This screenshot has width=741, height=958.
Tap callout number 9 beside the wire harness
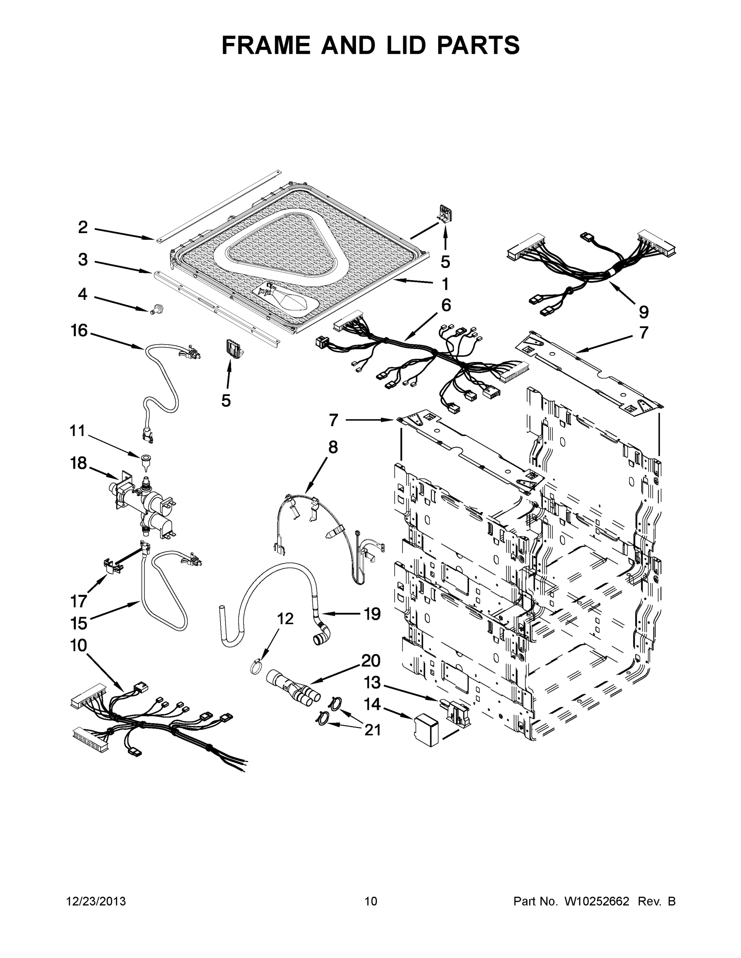pyautogui.click(x=643, y=312)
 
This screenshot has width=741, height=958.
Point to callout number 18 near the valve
pyautogui.click(x=79, y=463)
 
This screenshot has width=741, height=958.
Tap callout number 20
pyautogui.click(x=371, y=661)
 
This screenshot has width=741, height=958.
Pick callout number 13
pyautogui.click(x=373, y=683)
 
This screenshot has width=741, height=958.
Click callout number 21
pyautogui.click(x=373, y=730)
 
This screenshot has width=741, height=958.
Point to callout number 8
pyautogui.click(x=333, y=447)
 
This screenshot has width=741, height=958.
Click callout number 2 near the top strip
pyautogui.click(x=83, y=227)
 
